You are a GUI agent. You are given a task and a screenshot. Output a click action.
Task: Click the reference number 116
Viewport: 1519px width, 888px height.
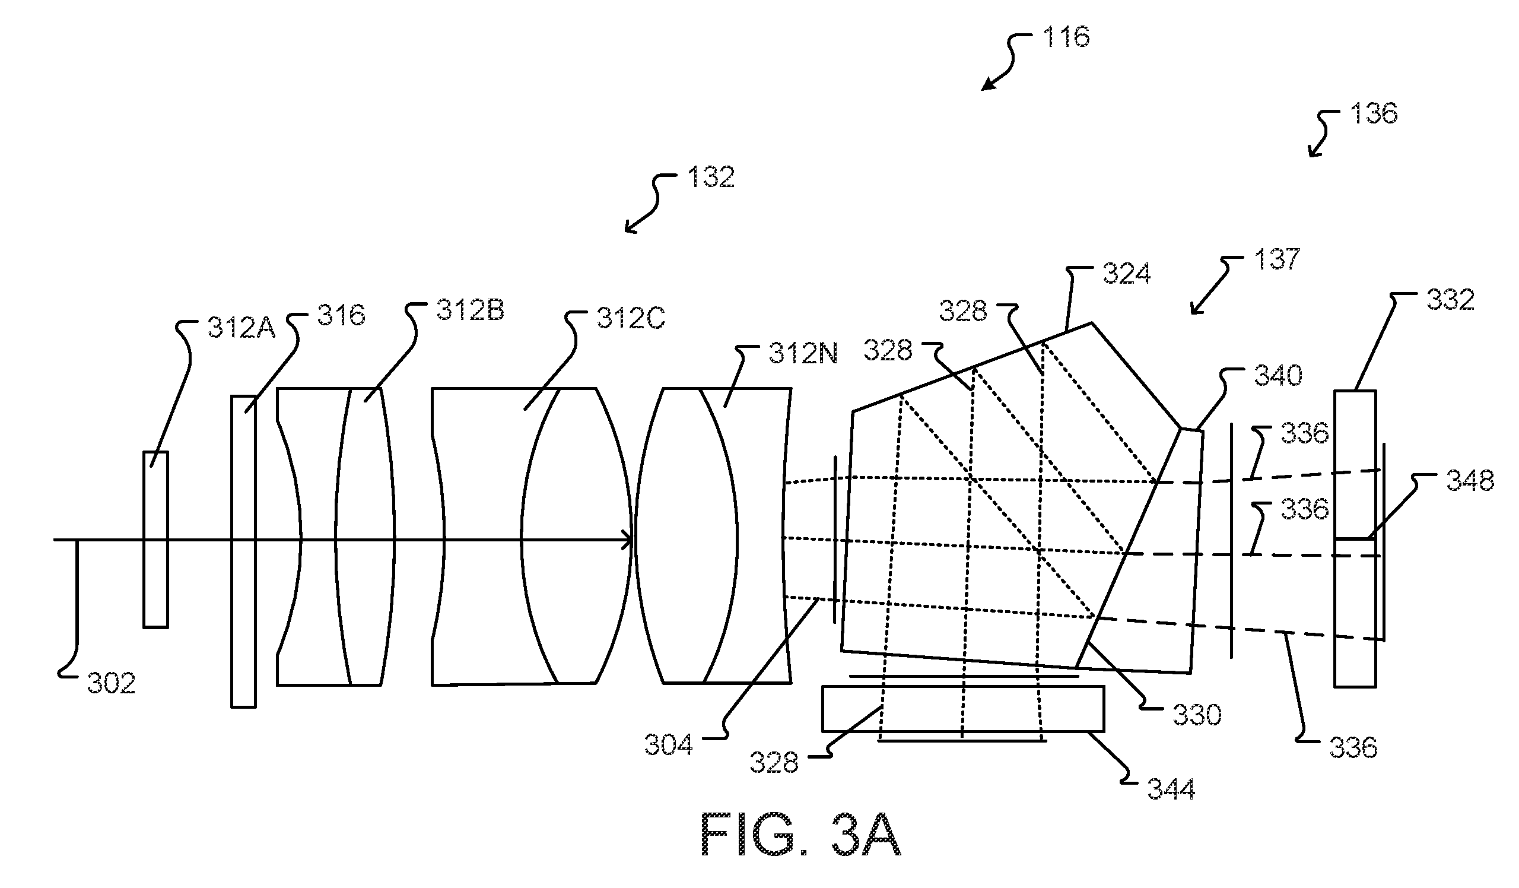1066,37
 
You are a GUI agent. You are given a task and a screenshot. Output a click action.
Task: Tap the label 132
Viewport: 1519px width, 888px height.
711,177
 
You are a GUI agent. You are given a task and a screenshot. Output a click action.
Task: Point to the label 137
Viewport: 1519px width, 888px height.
1278,259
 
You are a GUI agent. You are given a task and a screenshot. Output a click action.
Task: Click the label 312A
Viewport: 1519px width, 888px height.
241,326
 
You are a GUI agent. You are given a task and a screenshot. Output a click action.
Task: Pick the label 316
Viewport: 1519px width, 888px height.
341,315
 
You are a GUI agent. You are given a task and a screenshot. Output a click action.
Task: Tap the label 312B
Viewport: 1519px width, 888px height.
470,310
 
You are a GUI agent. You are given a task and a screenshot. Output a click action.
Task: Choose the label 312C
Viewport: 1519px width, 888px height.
631,318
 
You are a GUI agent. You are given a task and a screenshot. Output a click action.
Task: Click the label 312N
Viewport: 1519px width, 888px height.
803,353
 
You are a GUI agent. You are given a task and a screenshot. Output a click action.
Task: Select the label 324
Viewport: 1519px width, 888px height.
1127,273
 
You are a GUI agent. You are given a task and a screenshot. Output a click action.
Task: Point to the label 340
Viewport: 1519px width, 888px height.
1278,375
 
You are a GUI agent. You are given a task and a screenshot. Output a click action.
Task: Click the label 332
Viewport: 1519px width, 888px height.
1450,300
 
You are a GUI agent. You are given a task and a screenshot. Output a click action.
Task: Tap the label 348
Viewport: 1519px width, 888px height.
1470,480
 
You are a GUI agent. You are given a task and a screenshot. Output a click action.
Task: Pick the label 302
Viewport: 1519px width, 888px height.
111,683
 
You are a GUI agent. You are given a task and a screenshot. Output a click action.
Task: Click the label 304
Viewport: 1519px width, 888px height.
669,745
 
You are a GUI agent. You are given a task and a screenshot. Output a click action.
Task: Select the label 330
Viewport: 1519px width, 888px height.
1197,715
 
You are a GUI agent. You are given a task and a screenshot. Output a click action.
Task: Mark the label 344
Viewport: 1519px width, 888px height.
1171,788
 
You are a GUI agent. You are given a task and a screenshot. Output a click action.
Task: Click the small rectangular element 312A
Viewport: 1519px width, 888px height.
155,540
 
